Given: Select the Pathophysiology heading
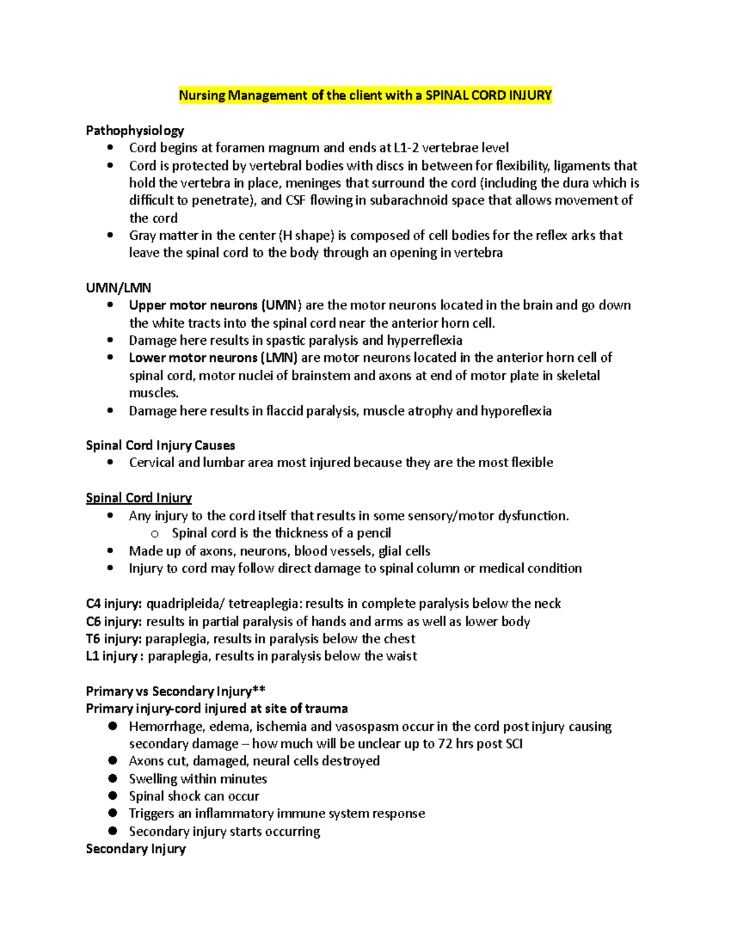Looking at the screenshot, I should [x=135, y=130].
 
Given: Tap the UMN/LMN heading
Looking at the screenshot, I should [x=118, y=288].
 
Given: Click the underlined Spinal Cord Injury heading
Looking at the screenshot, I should [x=138, y=498].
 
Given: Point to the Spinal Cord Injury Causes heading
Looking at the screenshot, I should [x=160, y=445].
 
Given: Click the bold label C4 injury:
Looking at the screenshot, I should [x=114, y=604].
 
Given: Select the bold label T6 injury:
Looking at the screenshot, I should [x=113, y=639].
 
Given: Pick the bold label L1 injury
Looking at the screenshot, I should [x=112, y=656].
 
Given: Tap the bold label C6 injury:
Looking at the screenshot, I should [x=114, y=621].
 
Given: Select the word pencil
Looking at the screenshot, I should [x=373, y=533].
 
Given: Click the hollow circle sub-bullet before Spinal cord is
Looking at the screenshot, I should [x=155, y=534].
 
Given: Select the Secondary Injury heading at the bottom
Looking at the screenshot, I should [x=135, y=849].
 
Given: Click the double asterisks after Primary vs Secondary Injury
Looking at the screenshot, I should [x=259, y=690].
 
